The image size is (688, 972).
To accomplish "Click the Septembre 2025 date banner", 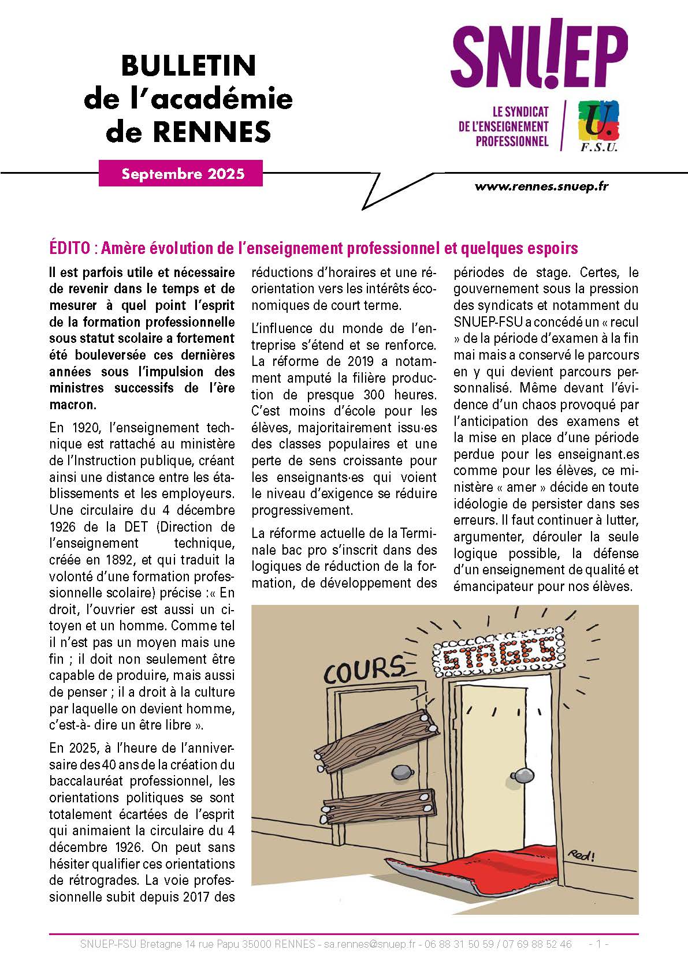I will (x=181, y=174).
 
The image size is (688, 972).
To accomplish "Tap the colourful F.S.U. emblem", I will (x=598, y=124).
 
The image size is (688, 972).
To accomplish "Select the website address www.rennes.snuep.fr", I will (x=541, y=186).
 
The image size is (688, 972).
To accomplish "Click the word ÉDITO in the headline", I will (x=69, y=248).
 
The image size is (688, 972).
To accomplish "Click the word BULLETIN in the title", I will (x=188, y=66).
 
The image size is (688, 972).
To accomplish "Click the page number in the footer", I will (x=598, y=944).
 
